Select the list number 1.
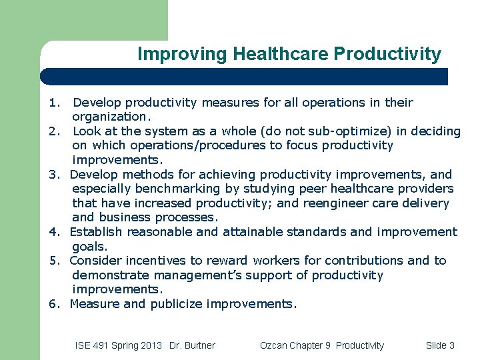pos(54,103)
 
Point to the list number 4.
pos(54,232)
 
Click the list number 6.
pos(54,304)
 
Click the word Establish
pos(96,232)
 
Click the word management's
pos(183,275)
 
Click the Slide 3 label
pos(439,345)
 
